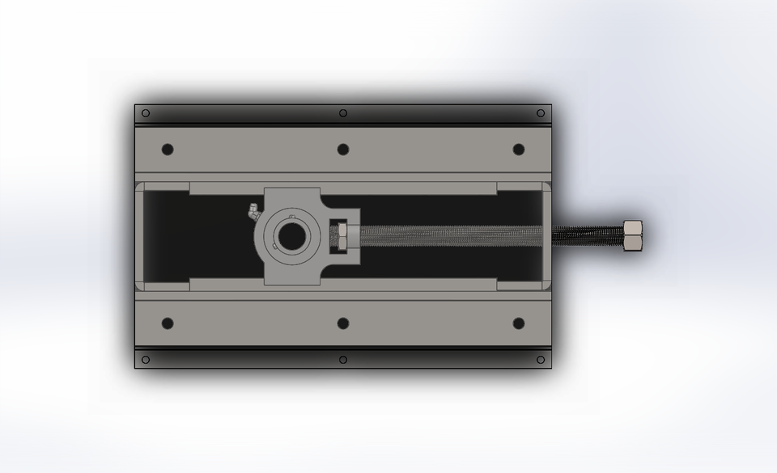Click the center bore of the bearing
(x=290, y=235)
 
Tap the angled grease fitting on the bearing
(x=252, y=212)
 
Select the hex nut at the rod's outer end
(x=633, y=235)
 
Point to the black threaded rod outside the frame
(x=588, y=235)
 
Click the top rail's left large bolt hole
(x=168, y=150)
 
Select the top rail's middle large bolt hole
(x=343, y=150)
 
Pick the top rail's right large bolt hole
(x=519, y=150)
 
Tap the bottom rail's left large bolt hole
(x=168, y=323)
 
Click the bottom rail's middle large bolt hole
(x=343, y=323)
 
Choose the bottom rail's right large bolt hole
(x=519, y=323)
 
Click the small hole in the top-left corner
(x=146, y=113)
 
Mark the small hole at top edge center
(x=343, y=113)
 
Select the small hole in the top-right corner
(x=541, y=113)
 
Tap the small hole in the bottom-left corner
(x=146, y=360)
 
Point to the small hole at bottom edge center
(x=343, y=360)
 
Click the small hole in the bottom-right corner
(x=541, y=360)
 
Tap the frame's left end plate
(x=139, y=235)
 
